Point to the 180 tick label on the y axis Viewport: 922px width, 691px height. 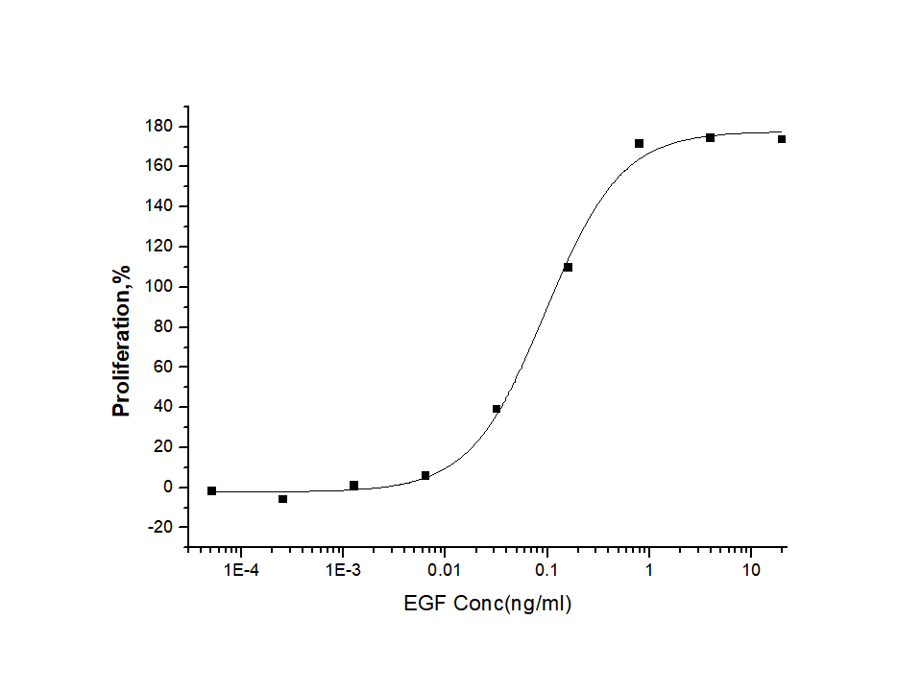point(159,126)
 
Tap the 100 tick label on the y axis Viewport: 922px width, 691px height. point(159,286)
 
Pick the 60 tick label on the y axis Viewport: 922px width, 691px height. point(163,367)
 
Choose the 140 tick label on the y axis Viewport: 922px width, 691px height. point(159,206)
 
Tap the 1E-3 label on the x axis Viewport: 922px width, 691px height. point(342,571)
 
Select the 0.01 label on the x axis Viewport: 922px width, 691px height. point(445,571)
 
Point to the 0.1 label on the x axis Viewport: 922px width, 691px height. point(546,571)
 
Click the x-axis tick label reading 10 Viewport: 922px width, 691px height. point(751,571)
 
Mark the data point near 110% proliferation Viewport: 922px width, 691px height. point(568,267)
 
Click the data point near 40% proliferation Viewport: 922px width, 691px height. point(497,409)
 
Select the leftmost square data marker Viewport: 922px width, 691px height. point(211,490)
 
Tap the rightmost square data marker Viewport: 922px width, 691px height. point(782,139)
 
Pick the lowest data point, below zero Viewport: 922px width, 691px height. point(282,499)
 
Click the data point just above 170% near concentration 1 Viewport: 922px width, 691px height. point(639,143)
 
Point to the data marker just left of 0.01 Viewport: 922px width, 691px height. point(425,475)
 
